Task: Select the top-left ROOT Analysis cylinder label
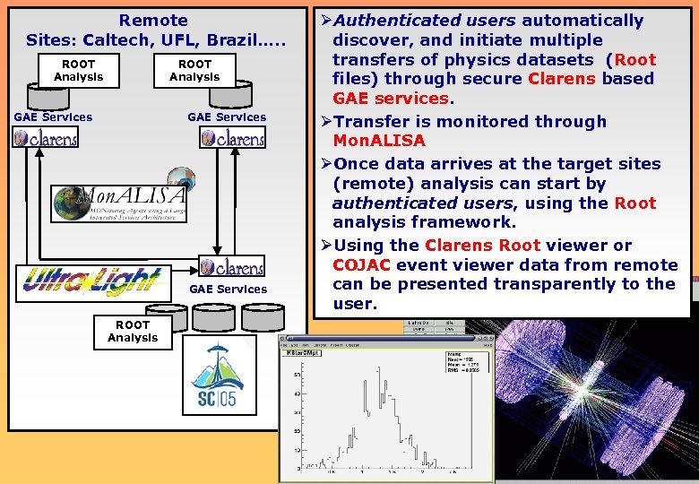(78, 71)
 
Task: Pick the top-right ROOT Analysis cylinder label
(194, 71)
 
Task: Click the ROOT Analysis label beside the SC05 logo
(133, 332)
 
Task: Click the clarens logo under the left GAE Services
(46, 137)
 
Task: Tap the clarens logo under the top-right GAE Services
(232, 137)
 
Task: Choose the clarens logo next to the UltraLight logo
(232, 266)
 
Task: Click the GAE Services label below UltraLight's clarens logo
(228, 289)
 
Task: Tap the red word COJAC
(361, 264)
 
